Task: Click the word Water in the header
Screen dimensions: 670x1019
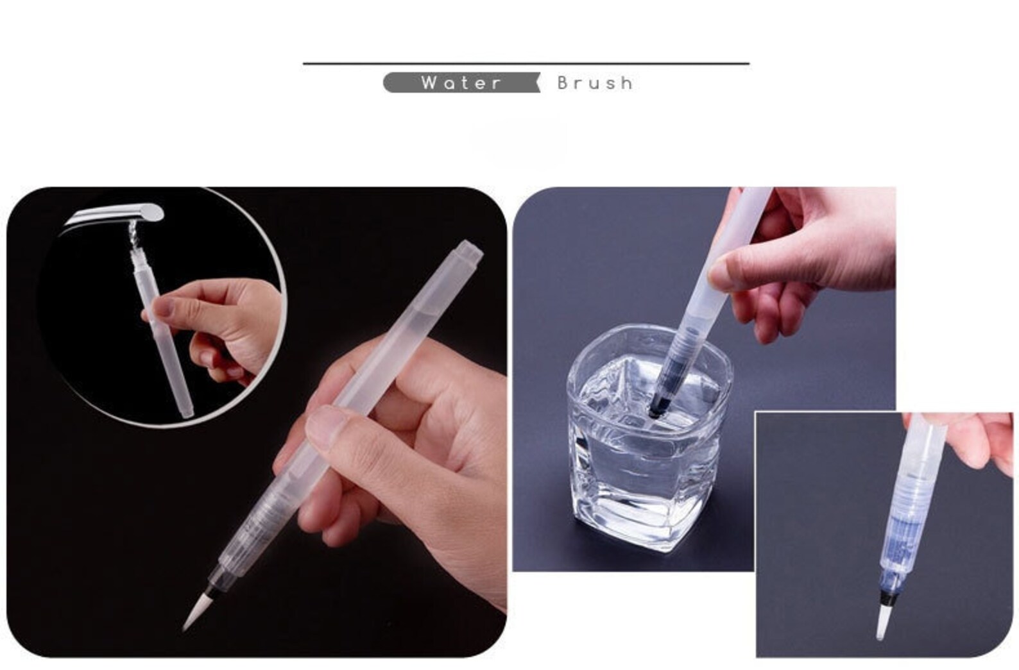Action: pos(461,83)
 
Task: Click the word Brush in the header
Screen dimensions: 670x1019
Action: pos(595,83)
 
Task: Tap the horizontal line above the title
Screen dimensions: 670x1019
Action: pos(526,63)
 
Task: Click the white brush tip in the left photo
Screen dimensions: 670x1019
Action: pos(192,610)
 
